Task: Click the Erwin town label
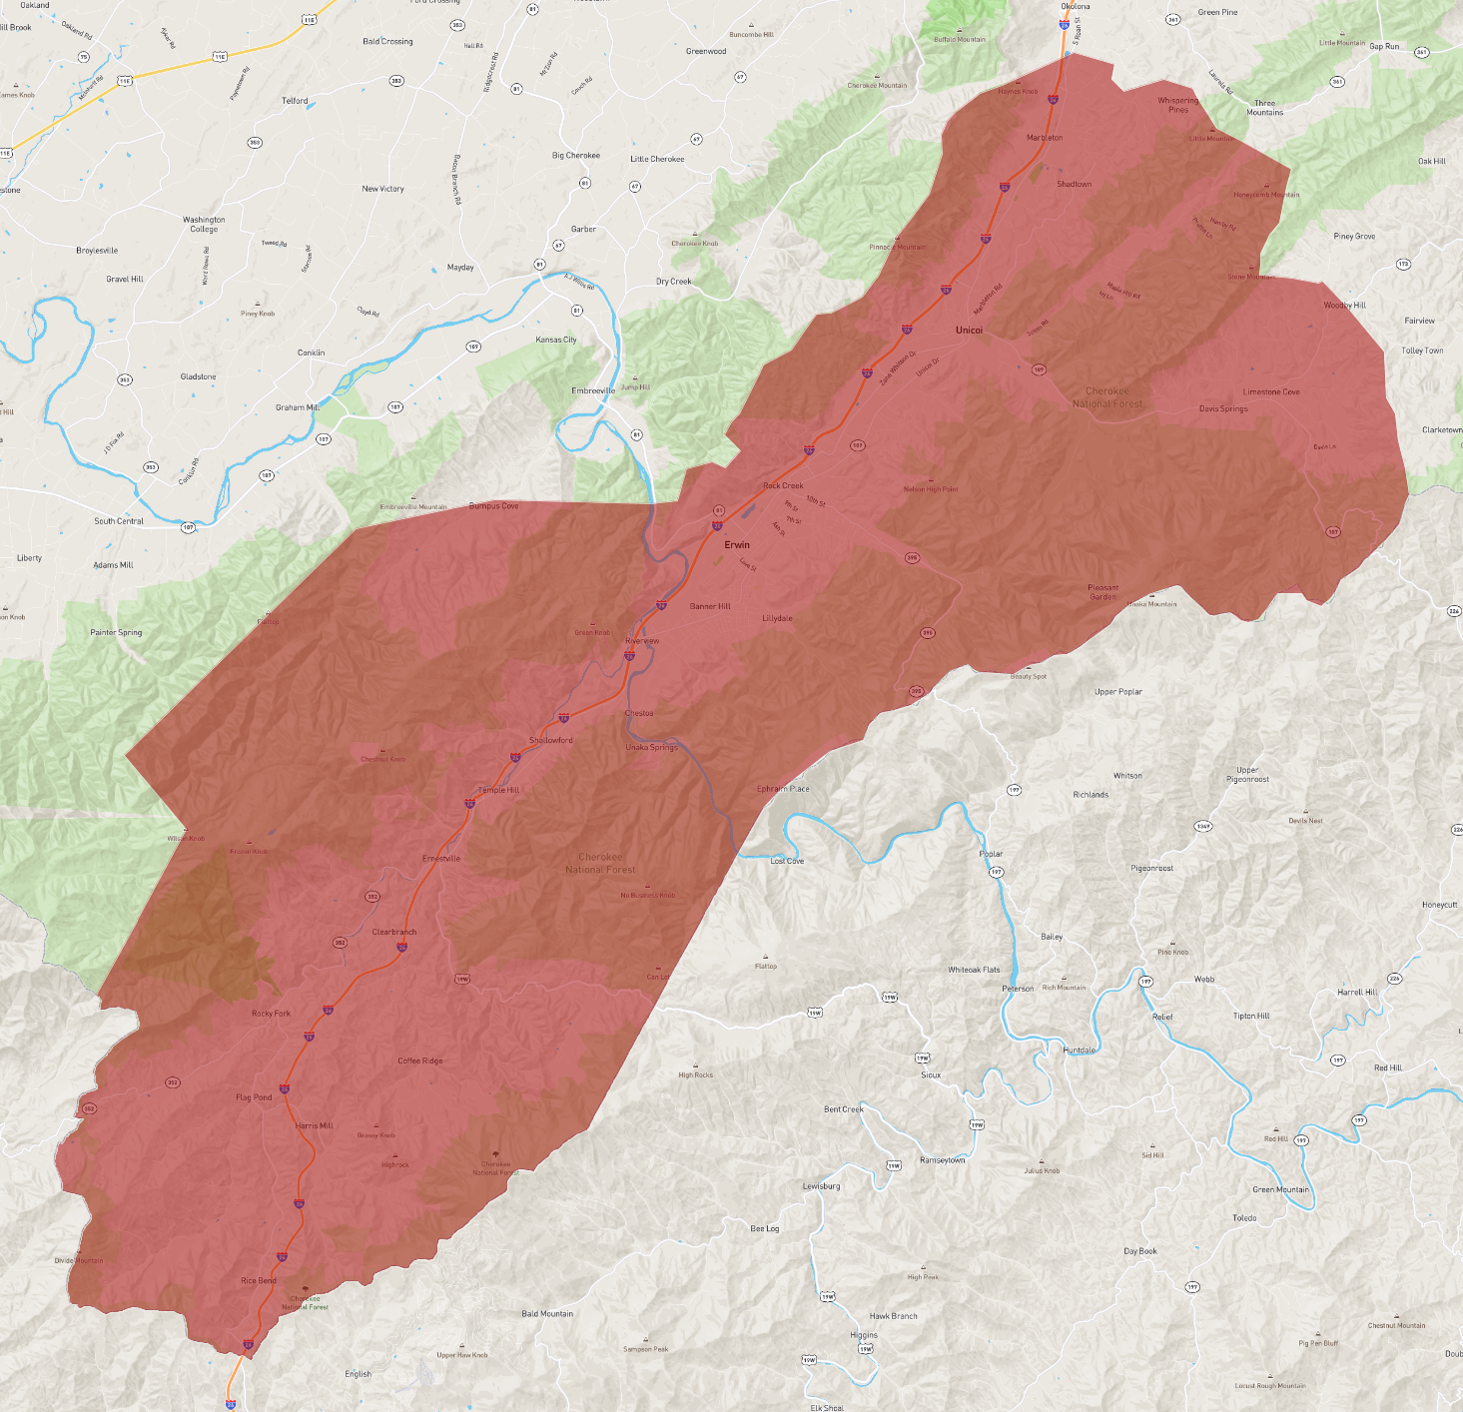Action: pyautogui.click(x=737, y=545)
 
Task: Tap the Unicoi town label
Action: pyautogui.click(x=969, y=331)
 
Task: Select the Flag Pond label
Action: pyautogui.click(x=254, y=1097)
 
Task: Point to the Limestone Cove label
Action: pyautogui.click(x=1271, y=392)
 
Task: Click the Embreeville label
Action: pyautogui.click(x=593, y=391)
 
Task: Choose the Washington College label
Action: pyautogui.click(x=204, y=225)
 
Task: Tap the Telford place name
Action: pyautogui.click(x=295, y=101)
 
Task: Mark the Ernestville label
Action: pyautogui.click(x=441, y=859)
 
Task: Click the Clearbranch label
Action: pyautogui.click(x=394, y=932)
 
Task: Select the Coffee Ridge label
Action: pyautogui.click(x=420, y=1060)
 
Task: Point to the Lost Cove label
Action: pyautogui.click(x=787, y=861)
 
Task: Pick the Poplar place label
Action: pyautogui.click(x=991, y=854)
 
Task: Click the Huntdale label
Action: pyautogui.click(x=1080, y=1051)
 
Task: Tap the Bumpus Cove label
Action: pyautogui.click(x=494, y=506)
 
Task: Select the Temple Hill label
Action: pyautogui.click(x=499, y=790)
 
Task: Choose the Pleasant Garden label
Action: pyautogui.click(x=1103, y=592)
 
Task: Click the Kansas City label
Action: pyautogui.click(x=556, y=340)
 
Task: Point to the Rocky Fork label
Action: pyautogui.click(x=272, y=1014)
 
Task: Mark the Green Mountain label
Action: pyautogui.click(x=1280, y=1189)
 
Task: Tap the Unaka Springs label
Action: pyautogui.click(x=651, y=747)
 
